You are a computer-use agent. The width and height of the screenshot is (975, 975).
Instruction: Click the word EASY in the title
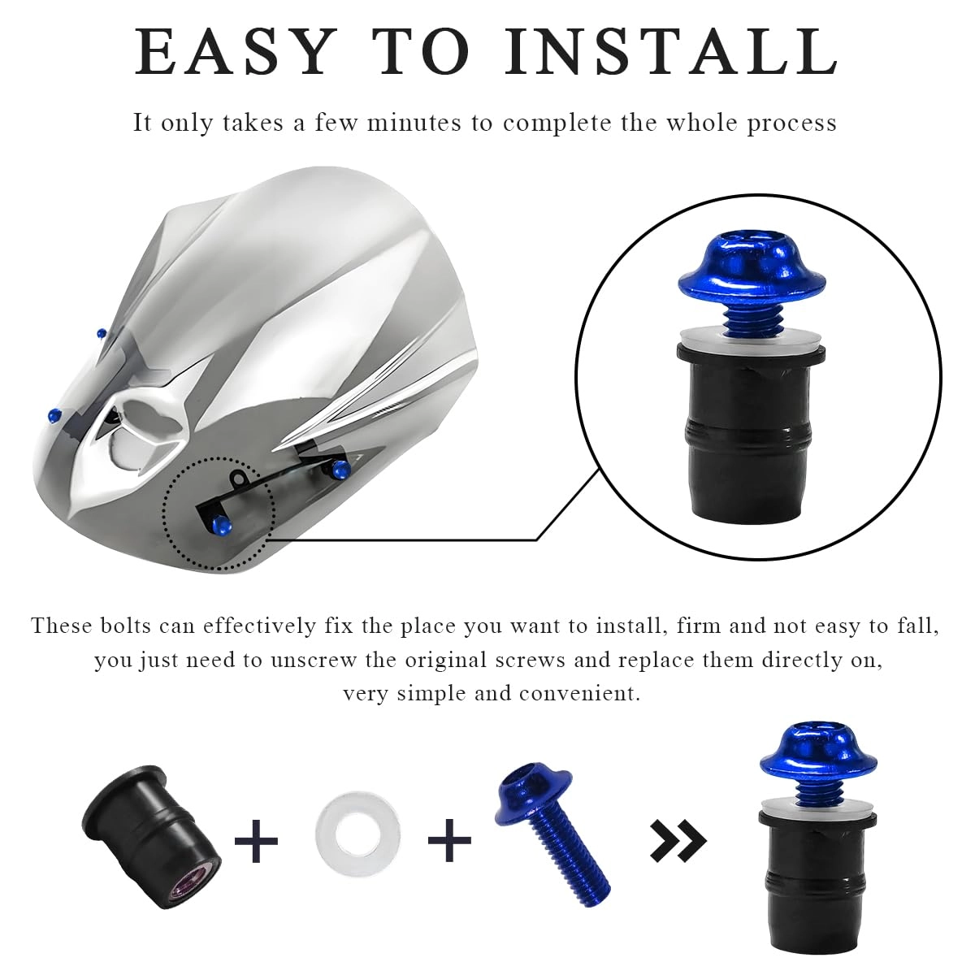235,51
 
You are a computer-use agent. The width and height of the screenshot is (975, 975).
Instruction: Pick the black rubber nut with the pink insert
154,836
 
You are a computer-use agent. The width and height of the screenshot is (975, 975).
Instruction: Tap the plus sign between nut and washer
256,840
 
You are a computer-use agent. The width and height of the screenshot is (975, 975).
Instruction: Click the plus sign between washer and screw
449,840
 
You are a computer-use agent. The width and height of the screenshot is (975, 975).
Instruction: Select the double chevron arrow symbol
678,840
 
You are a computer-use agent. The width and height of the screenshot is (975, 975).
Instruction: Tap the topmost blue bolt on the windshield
101,333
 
